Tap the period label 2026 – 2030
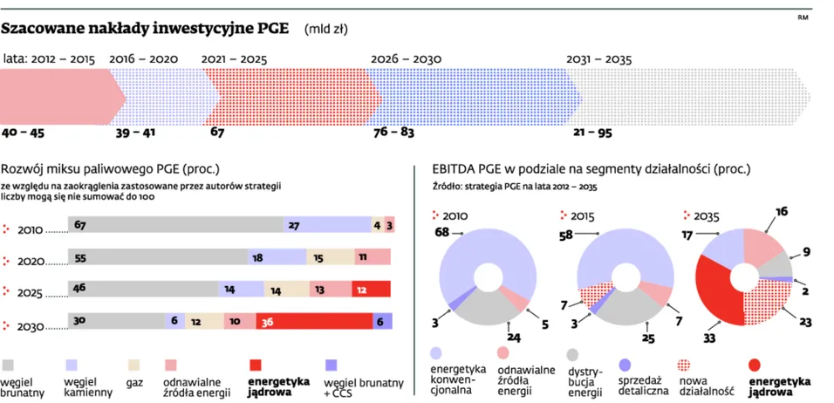(406, 58)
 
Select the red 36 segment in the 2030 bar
(314, 321)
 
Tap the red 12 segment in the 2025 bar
(371, 289)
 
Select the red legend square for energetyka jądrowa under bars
(256, 364)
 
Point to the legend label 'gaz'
(135, 381)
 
